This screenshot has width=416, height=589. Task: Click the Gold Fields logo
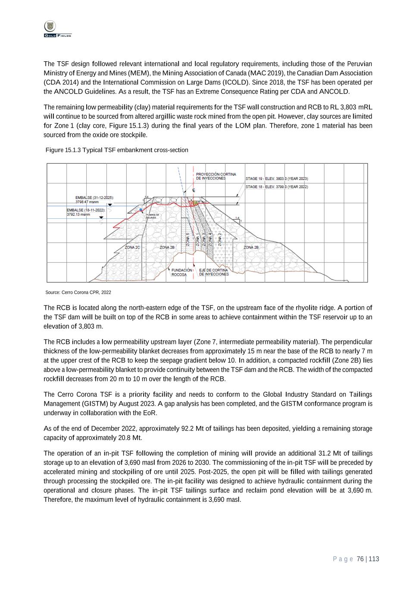click(x=57, y=28)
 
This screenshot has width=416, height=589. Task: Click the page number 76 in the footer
click(x=360, y=559)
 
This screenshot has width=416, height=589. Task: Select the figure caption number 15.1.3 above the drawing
click(x=73, y=150)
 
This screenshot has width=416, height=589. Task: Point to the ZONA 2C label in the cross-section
click(x=132, y=247)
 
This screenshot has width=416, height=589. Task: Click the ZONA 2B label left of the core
click(x=167, y=247)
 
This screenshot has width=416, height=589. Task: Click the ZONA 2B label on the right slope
click(x=251, y=247)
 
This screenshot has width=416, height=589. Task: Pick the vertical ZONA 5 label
click(x=188, y=239)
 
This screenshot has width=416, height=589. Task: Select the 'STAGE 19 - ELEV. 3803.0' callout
click(x=276, y=178)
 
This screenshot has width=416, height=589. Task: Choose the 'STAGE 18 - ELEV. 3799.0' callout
click(x=276, y=187)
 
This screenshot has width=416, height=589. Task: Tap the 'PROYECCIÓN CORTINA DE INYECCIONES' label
click(x=216, y=176)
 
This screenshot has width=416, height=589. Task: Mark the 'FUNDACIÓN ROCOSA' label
click(x=181, y=272)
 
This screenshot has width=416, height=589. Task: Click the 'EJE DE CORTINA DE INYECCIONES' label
click(x=213, y=272)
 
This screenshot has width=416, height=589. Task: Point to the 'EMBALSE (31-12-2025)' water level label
click(x=94, y=198)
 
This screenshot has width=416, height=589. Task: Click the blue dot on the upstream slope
click(x=141, y=210)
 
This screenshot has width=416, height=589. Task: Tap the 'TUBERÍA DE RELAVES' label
click(x=153, y=216)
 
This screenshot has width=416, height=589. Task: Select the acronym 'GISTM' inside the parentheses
click(x=92, y=404)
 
